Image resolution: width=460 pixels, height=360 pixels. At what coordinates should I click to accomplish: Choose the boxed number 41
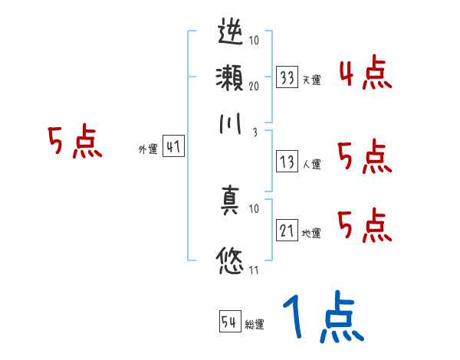click(174, 148)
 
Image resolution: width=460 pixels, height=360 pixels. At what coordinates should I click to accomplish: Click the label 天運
click(311, 80)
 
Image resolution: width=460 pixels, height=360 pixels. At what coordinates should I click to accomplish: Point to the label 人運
click(311, 164)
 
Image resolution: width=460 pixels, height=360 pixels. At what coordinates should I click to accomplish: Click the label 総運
click(255, 324)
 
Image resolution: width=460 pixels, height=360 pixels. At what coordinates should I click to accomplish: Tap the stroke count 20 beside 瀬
click(253, 86)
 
